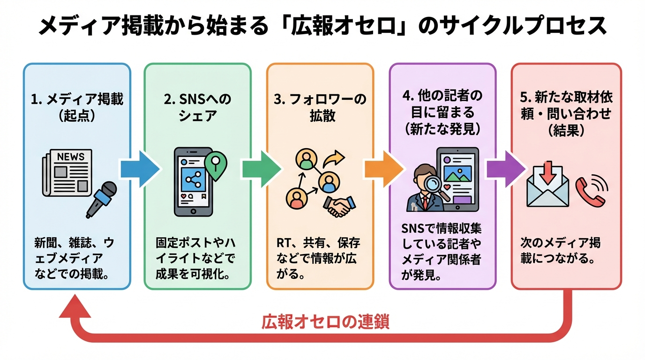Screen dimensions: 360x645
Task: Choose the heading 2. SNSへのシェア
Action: pos(198,107)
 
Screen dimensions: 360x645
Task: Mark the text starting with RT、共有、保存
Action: pos(319,258)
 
